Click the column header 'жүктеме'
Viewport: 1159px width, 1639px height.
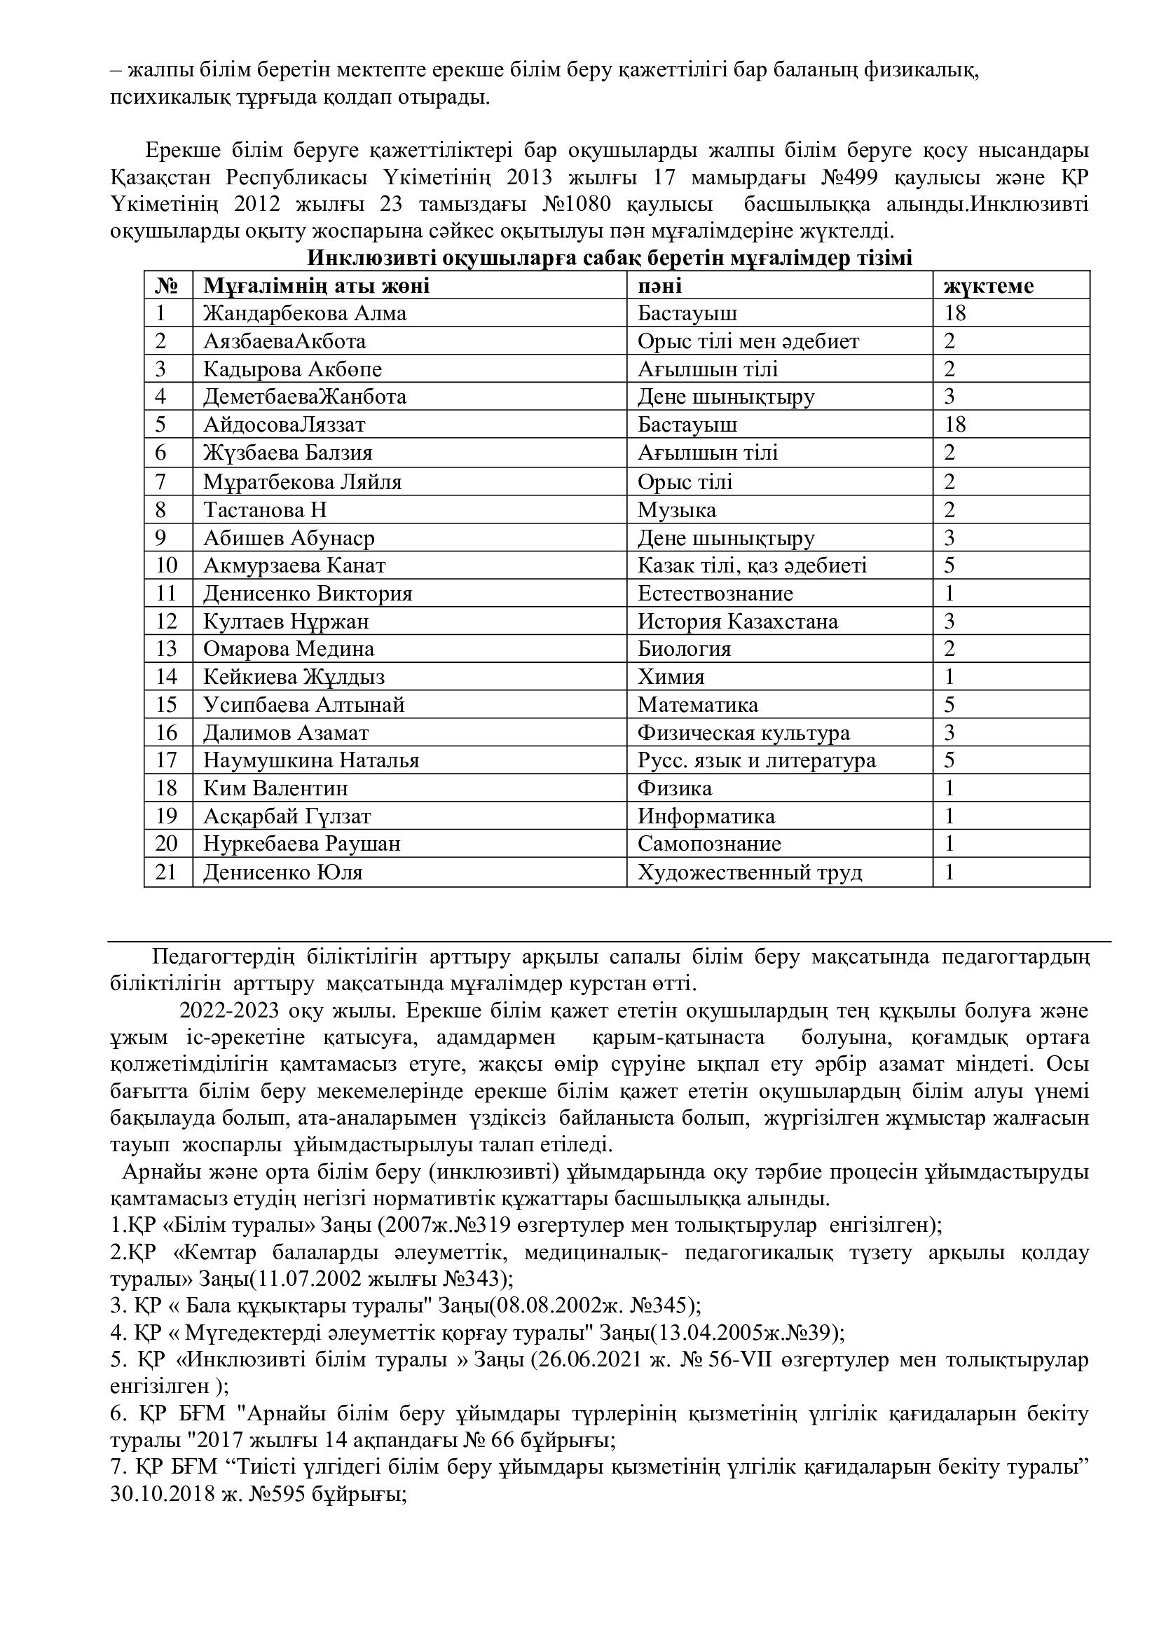pos(989,287)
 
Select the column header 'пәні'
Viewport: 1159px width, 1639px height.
pos(659,287)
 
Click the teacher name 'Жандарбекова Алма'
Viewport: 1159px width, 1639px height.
pos(305,313)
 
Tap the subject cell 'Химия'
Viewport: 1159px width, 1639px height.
pos(671,677)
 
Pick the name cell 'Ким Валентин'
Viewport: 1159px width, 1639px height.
pos(275,788)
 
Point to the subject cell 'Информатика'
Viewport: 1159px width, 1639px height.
pos(706,816)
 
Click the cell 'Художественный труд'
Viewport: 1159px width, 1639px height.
pos(749,872)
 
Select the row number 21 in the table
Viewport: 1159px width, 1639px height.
pos(165,872)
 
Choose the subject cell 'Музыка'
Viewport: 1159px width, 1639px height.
pos(677,509)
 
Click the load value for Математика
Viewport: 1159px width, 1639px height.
pos(949,704)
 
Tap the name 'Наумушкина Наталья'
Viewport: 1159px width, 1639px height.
pos(311,760)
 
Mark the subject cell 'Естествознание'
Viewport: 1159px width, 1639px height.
pos(715,594)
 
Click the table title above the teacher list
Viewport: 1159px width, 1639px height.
pos(610,258)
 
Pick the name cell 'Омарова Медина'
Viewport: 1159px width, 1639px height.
pos(288,649)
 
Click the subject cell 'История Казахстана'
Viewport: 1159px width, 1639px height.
pos(737,621)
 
